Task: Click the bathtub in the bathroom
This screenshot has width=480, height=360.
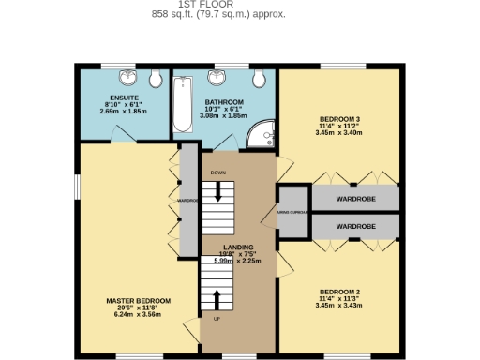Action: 182,103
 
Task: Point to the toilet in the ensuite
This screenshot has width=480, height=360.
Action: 149,77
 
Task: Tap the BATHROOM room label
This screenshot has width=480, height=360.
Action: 225,102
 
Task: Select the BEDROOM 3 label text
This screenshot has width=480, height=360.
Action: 339,119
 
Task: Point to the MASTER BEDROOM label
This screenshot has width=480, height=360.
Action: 137,301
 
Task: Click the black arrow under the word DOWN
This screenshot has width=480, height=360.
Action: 219,192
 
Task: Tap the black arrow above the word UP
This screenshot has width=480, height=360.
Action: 218,299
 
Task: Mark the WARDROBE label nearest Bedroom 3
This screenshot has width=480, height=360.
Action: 355,199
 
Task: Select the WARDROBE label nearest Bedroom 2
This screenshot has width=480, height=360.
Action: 355,227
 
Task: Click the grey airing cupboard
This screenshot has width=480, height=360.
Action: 293,212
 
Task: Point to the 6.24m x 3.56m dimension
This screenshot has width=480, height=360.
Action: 137,315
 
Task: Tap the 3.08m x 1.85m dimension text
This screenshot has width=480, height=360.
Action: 225,116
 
